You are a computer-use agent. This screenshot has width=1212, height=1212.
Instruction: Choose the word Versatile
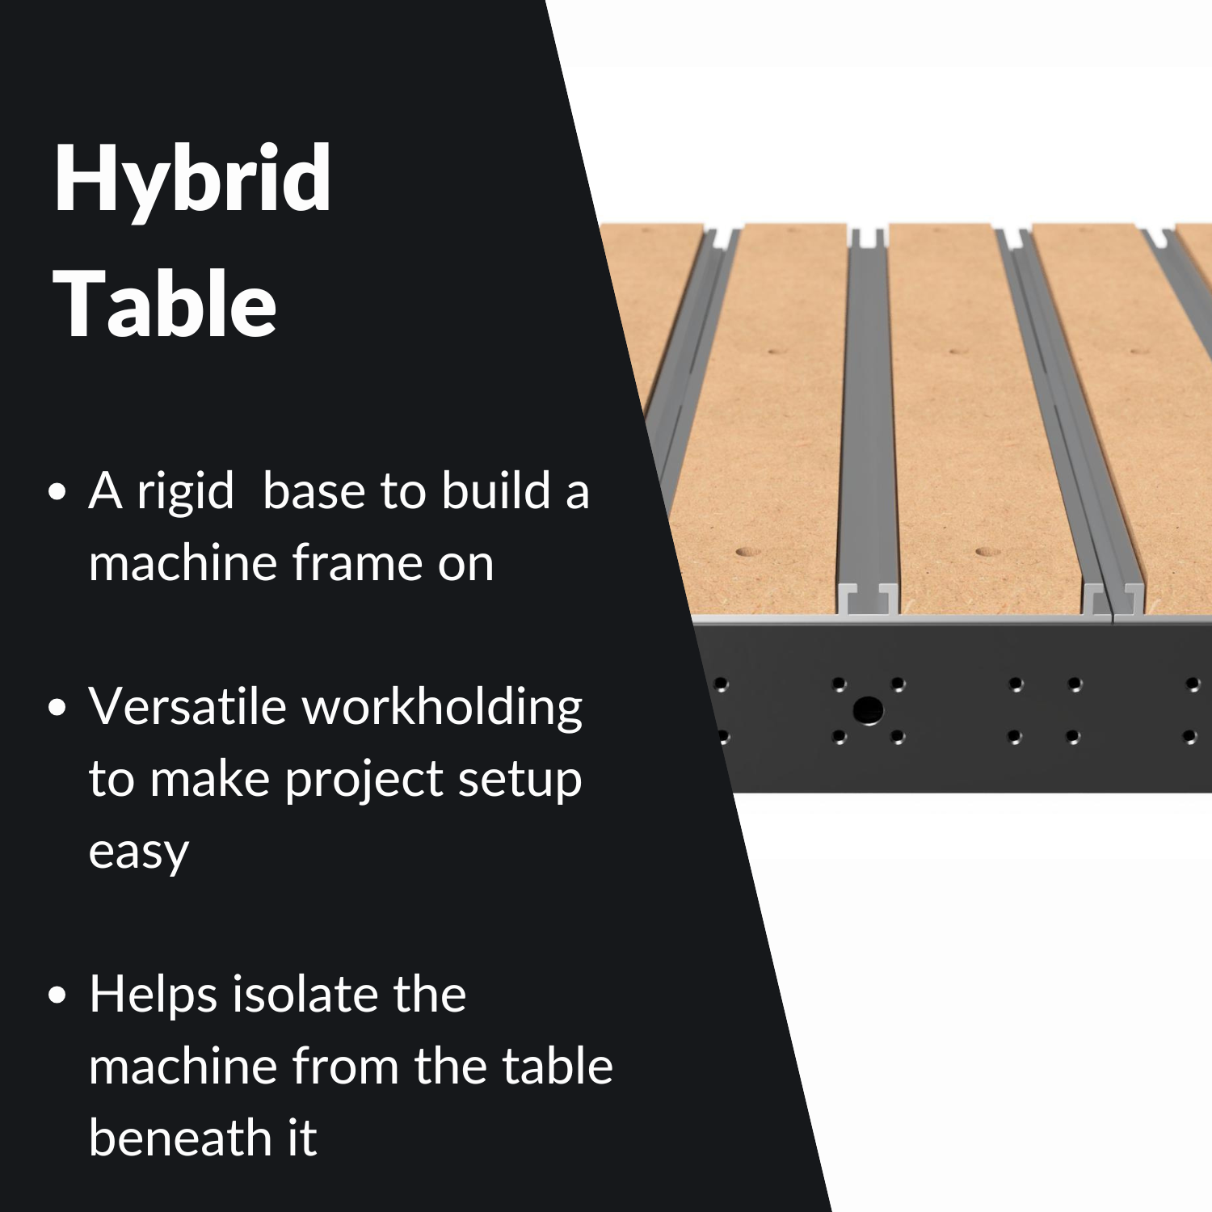(x=187, y=706)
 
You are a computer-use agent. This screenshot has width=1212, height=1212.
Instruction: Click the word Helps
(x=153, y=995)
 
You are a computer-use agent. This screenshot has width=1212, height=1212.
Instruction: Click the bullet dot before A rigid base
(x=57, y=493)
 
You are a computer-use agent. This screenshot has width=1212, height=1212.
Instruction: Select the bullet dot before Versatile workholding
(x=57, y=709)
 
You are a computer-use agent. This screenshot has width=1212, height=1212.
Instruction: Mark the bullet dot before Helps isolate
(x=57, y=996)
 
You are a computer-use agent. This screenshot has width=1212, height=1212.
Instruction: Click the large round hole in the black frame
(x=868, y=711)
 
